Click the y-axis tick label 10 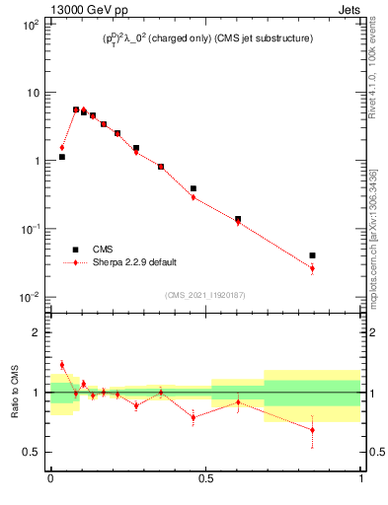(x=32, y=92)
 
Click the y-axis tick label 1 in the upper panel (x=36, y=160)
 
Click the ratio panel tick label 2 (x=36, y=332)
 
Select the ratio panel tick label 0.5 (x=32, y=452)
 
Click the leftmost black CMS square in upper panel (x=61, y=157)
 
